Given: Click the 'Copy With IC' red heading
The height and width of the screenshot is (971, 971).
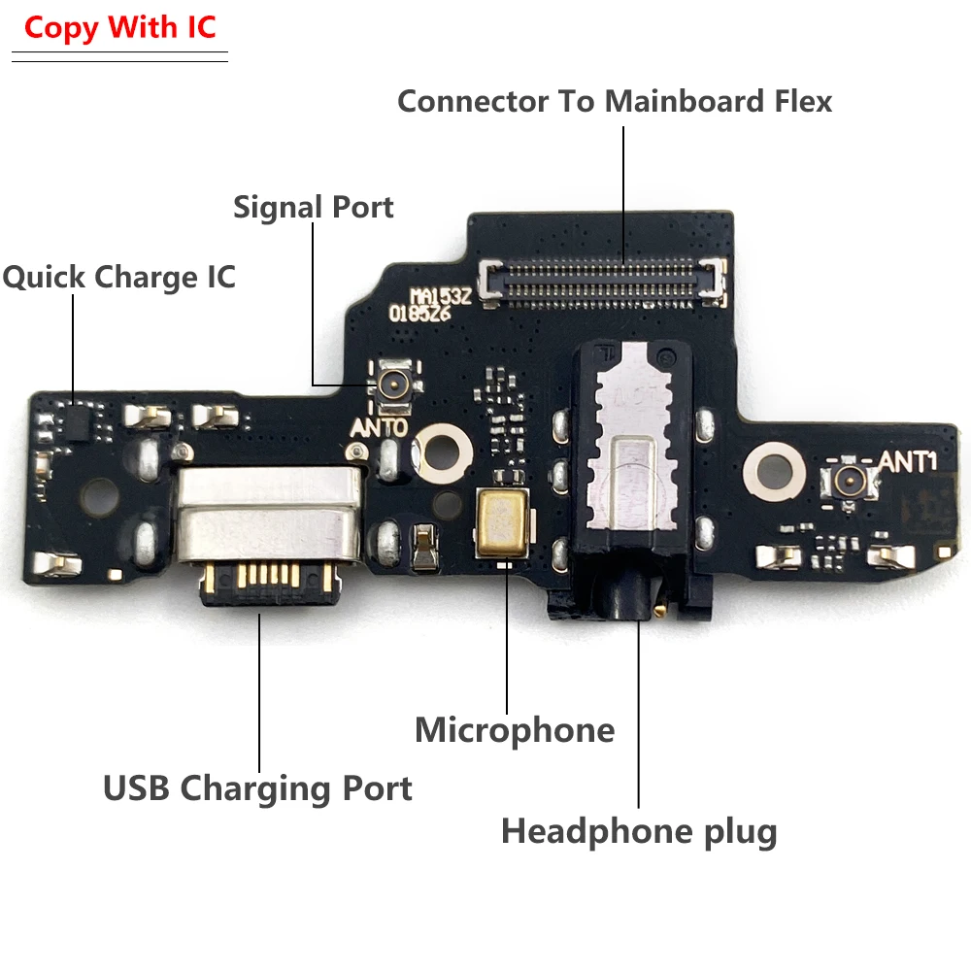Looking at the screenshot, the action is pos(121,27).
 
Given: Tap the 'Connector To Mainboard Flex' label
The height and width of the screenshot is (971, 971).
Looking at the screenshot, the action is pos(615,101).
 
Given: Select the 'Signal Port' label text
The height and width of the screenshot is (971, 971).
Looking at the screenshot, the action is pos(313,207).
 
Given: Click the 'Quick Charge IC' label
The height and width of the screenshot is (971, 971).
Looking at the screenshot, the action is pos(118,277).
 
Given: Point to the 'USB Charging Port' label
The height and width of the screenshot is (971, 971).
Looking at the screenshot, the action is pos(257,787).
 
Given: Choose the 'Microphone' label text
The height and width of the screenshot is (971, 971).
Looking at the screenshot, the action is pos(515,730).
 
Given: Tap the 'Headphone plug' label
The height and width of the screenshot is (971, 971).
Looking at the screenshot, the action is pos(639,831).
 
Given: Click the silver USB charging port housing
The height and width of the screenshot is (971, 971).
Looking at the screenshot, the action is pos(268,515).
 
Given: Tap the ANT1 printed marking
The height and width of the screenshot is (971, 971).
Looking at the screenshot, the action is pos(907,461).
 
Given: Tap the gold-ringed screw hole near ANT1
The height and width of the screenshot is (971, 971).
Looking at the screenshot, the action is pos(774,466).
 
